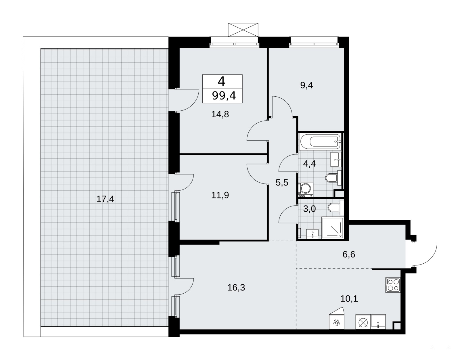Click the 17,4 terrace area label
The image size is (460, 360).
click(x=105, y=199)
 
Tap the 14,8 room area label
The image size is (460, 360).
click(x=220, y=114)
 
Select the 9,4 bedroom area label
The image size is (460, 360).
click(x=306, y=85)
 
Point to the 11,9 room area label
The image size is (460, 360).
click(x=220, y=195)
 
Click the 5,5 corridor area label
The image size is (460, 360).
click(x=282, y=182)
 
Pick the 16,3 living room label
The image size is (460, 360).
click(x=236, y=288)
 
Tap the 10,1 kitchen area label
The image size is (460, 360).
click(x=349, y=299)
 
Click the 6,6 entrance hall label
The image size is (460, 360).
click(x=349, y=254)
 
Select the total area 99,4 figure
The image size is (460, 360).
click(x=224, y=96)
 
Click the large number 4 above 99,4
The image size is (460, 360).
click(x=222, y=81)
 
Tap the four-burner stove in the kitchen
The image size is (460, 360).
click(x=393, y=285)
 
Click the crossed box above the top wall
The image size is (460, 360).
click(x=243, y=30)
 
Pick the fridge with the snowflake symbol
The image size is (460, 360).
click(x=337, y=318)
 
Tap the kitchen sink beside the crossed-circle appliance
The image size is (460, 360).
click(x=378, y=322)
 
